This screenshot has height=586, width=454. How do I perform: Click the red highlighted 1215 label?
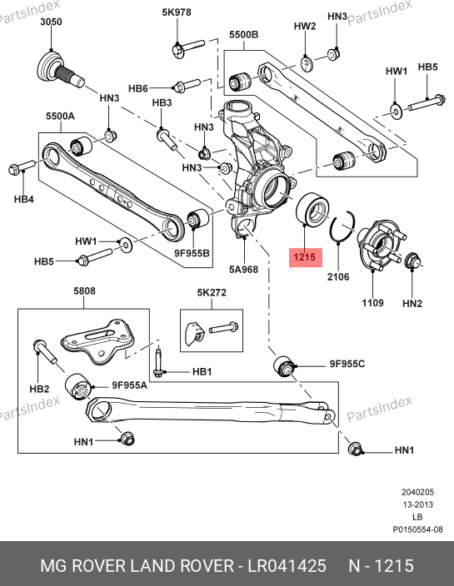(305, 257)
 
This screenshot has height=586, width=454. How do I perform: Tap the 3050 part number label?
(51, 22)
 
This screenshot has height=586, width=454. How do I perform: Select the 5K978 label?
(177, 12)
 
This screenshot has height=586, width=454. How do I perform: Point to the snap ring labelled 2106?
(342, 226)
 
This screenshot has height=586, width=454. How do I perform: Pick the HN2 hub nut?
(413, 260)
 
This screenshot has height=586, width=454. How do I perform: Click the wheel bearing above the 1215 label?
(312, 210)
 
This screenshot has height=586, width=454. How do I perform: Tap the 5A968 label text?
(243, 269)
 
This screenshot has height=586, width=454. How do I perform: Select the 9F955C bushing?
(284, 366)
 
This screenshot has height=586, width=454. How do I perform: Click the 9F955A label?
(129, 385)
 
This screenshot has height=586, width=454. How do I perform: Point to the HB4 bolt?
(22, 166)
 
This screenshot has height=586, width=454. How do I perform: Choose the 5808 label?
(84, 291)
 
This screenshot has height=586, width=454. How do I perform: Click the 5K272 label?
(212, 292)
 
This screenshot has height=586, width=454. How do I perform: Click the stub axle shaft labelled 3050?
(61, 71)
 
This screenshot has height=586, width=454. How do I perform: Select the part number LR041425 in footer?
(287, 566)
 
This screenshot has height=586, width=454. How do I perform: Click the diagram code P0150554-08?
(417, 529)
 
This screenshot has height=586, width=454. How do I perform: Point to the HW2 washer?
(307, 63)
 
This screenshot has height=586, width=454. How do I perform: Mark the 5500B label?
(243, 34)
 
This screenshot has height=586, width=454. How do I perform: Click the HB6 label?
(138, 88)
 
